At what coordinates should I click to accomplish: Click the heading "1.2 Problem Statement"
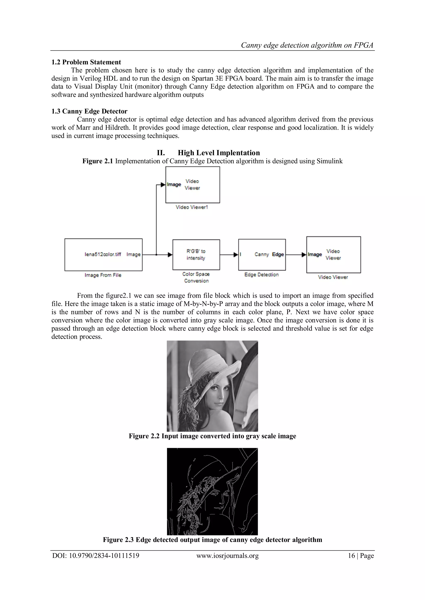tap(86, 62)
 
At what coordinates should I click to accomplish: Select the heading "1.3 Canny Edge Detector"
tap(89, 111)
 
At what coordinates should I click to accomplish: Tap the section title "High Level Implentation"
tap(219, 153)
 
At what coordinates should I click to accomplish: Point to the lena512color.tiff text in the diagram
tap(103, 255)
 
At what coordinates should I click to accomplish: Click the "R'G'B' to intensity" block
tap(196, 255)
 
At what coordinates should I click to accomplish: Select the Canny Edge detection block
tap(262, 255)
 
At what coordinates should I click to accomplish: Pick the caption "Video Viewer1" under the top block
tap(192, 207)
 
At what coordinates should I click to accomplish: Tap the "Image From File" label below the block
tap(103, 275)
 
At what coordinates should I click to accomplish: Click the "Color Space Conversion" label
tap(196, 278)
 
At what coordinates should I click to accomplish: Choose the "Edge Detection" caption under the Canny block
tap(261, 275)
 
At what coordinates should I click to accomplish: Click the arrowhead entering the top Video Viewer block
tap(164, 184)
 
